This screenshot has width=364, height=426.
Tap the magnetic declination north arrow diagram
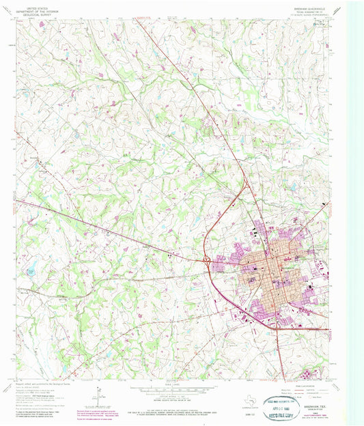click(x=99, y=396)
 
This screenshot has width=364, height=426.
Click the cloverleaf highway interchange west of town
click(x=206, y=259)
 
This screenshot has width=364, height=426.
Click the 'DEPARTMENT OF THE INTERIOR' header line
click(x=40, y=8)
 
